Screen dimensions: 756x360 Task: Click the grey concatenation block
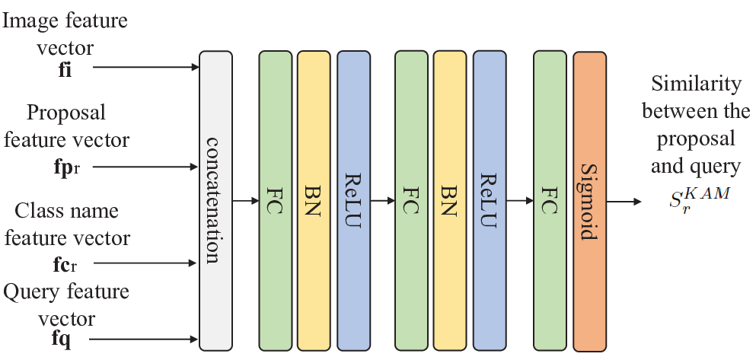coord(215,201)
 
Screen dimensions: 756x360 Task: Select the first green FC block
coord(276,201)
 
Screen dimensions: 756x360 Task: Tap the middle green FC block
coord(411,201)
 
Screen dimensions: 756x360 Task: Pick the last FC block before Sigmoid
coord(550,201)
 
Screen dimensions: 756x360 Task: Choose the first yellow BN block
coord(314,201)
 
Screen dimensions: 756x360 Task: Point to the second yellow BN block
coord(450,201)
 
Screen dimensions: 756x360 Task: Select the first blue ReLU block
coord(354,201)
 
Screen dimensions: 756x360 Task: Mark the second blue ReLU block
coord(490,201)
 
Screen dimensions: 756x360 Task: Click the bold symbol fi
coord(65,70)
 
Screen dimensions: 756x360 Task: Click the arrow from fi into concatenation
coord(145,67)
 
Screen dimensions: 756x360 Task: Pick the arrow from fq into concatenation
coord(144,339)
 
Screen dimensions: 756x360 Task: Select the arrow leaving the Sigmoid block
coord(624,202)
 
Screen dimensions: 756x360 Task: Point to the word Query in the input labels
coord(31,292)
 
